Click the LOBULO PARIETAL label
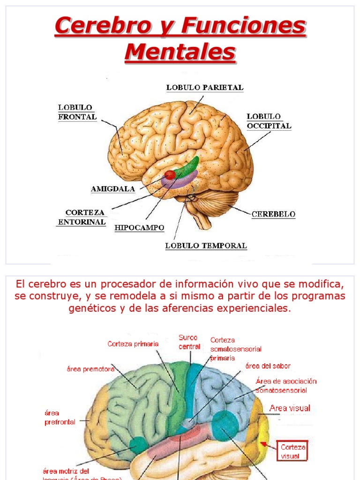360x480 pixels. (205, 87)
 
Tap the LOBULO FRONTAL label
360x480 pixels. (77, 112)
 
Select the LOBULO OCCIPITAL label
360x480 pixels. (269, 121)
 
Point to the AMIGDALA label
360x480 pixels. (113, 189)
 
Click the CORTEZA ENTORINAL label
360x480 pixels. (82, 217)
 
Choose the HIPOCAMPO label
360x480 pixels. (139, 228)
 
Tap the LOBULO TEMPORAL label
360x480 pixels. (205, 245)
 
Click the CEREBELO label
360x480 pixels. (273, 214)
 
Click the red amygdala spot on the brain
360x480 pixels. (170, 175)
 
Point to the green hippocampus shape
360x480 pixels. (187, 166)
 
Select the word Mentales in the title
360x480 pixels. (180, 52)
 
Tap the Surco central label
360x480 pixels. (188, 342)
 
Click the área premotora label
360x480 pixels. (90, 369)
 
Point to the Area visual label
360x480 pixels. (290, 408)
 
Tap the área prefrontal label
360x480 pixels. (60, 417)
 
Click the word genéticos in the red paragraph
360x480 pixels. (91, 309)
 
